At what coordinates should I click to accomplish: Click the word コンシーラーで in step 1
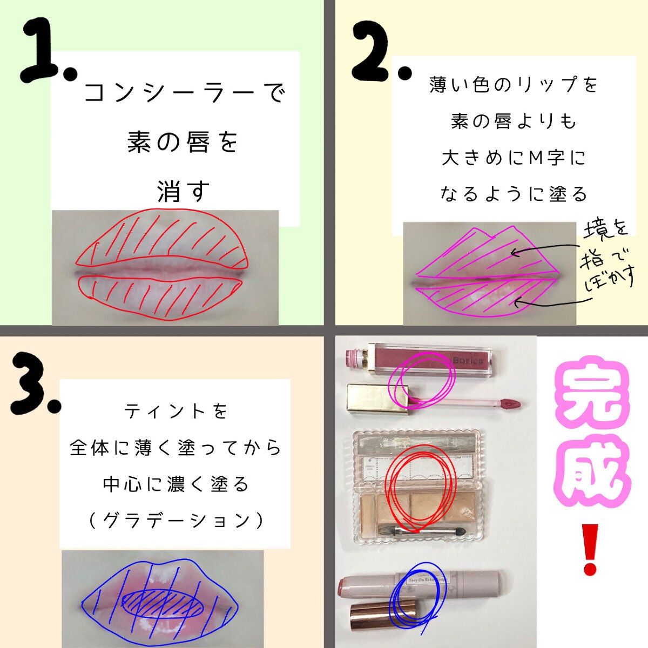pyautogui.click(x=184, y=93)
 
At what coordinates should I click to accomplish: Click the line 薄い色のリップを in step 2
pyautogui.click(x=514, y=85)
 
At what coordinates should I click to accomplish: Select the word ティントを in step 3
pyautogui.click(x=176, y=411)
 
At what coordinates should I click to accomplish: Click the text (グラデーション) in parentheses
pyautogui.click(x=176, y=521)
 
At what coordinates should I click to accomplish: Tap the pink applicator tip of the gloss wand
pyautogui.click(x=510, y=403)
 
